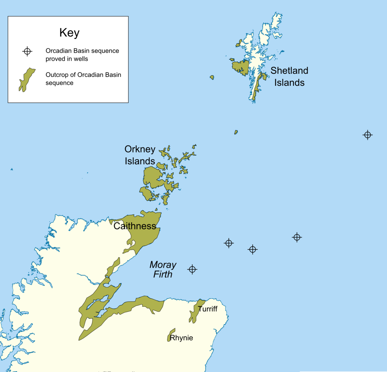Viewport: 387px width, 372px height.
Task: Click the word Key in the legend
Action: [69, 33]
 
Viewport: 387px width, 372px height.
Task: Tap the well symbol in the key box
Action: [27, 51]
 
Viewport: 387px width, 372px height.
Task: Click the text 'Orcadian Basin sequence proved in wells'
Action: [82, 55]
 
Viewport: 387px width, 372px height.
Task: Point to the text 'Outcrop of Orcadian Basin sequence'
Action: [83, 79]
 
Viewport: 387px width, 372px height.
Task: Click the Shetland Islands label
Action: [289, 76]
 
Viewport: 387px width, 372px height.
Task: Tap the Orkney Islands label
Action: [140, 155]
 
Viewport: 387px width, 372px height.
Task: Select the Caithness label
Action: [135, 226]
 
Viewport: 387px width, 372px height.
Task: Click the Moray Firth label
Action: [163, 269]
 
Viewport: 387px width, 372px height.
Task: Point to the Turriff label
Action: [208, 309]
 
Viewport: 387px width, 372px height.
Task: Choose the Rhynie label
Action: [182, 338]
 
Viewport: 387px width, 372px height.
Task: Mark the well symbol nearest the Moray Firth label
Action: [192, 269]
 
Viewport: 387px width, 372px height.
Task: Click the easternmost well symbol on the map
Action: [368, 135]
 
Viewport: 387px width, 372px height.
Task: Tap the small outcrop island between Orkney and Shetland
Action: [236, 132]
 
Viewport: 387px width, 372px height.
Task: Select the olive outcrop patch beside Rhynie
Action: [171, 334]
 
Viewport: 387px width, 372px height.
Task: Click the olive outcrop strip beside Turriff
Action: [195, 311]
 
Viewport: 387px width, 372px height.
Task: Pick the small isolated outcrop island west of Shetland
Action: [212, 77]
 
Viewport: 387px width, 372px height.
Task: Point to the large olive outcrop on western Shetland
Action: [241, 67]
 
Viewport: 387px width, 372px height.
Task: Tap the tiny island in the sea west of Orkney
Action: [12, 169]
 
